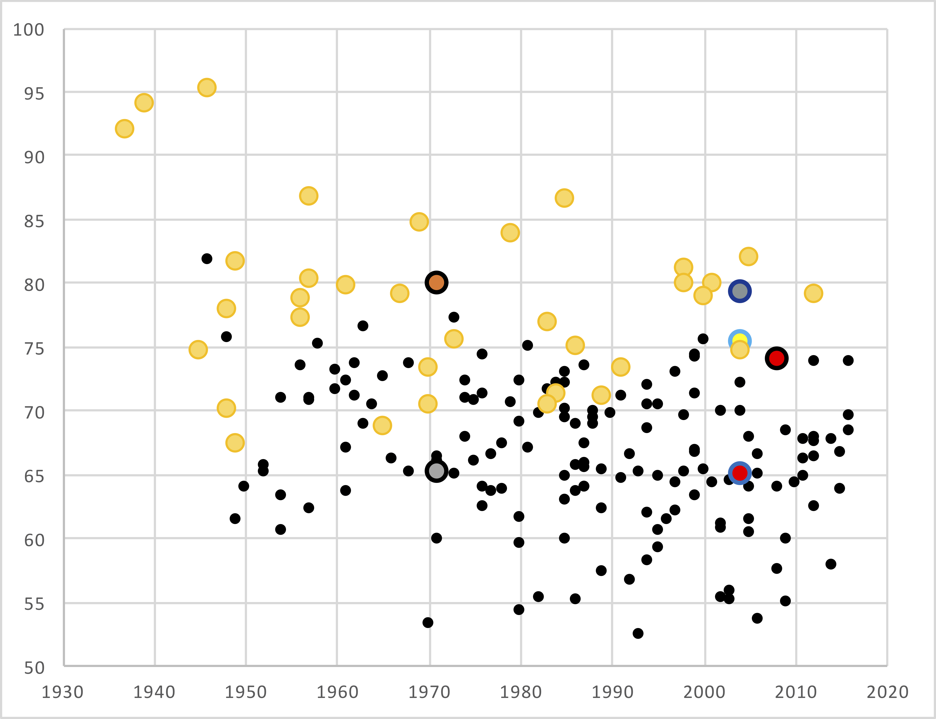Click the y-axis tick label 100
click(x=29, y=30)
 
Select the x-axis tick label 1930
click(x=62, y=692)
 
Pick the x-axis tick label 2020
click(x=887, y=692)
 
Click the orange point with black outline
click(x=436, y=283)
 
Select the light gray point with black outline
click(x=436, y=471)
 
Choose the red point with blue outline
click(x=739, y=473)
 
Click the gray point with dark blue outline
click(x=739, y=291)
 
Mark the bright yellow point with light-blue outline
click(x=739, y=341)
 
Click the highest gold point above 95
click(x=207, y=87)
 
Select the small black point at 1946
click(x=207, y=258)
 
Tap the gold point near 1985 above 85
click(x=564, y=198)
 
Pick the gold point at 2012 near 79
click(x=813, y=293)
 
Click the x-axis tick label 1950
click(x=246, y=692)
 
